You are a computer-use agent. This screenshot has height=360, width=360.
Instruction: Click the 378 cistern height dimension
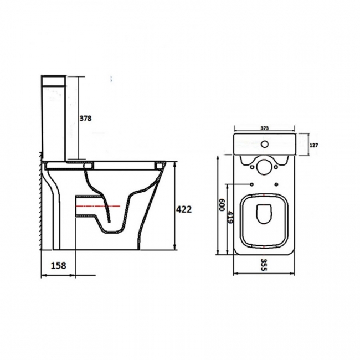[85, 118]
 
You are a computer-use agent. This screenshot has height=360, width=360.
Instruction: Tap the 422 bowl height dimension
[183, 209]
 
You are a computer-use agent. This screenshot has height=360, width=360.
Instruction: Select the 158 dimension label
[56, 265]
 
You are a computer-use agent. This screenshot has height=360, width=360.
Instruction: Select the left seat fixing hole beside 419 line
[252, 183]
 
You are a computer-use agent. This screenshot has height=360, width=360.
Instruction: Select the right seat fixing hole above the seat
[276, 184]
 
